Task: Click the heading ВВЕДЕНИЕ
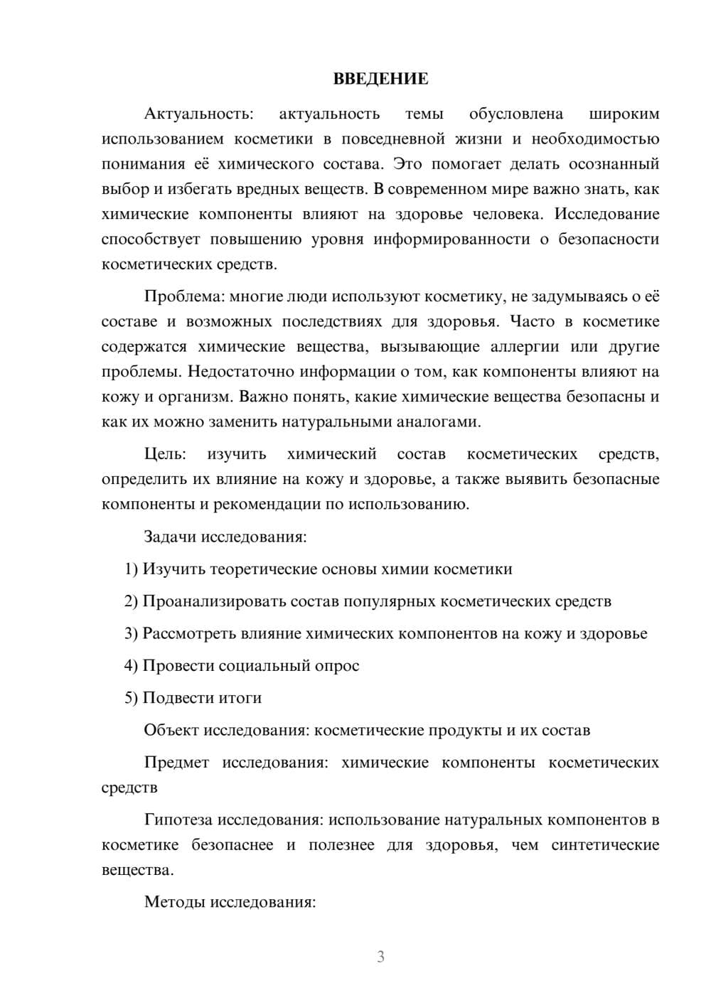380,79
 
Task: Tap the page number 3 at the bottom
380,957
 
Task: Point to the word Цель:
165,454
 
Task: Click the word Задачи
171,537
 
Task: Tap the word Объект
171,730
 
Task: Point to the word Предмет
176,763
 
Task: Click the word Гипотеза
178,820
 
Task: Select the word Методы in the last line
171,903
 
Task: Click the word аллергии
525,347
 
